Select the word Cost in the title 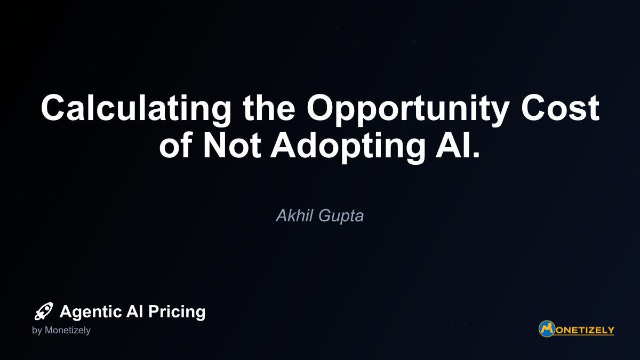click(x=561, y=107)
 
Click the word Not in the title click(x=231, y=145)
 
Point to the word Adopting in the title click(x=348, y=148)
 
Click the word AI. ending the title click(x=458, y=145)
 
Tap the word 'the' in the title click(x=269, y=107)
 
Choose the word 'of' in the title click(x=175, y=145)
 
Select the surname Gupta click(x=341, y=217)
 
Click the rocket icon click(x=44, y=311)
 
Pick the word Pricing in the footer click(x=177, y=312)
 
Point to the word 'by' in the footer click(x=37, y=331)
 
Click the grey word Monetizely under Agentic click(x=67, y=331)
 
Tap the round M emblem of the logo click(x=547, y=329)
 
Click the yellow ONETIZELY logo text click(x=585, y=330)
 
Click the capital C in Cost click(x=534, y=107)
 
